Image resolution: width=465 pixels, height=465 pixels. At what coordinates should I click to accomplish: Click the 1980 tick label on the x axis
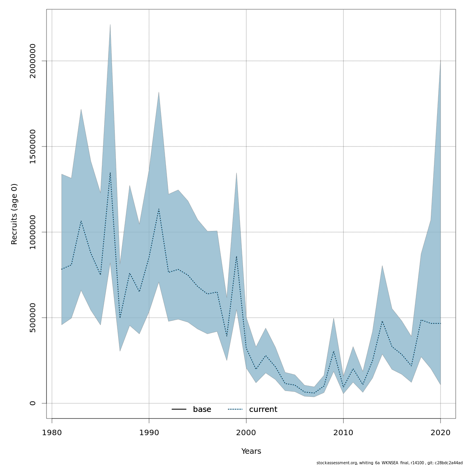[52, 433]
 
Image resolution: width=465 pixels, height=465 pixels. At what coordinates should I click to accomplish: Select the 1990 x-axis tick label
[149, 433]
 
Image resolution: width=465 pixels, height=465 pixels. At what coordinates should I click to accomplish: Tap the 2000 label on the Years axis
[246, 433]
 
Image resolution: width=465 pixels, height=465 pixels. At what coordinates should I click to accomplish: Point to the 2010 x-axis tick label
[343, 433]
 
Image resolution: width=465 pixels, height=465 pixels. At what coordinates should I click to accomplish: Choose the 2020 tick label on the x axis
[441, 433]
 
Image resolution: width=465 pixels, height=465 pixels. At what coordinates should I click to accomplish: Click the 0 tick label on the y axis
[33, 403]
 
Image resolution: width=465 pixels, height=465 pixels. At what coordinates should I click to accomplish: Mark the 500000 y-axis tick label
[33, 318]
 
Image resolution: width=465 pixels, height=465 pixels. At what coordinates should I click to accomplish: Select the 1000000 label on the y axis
[33, 232]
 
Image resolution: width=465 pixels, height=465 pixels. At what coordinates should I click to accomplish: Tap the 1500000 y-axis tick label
[33, 146]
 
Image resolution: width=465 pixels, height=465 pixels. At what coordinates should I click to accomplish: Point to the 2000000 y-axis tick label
[33, 61]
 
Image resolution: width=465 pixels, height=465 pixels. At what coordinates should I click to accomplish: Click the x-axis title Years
[251, 451]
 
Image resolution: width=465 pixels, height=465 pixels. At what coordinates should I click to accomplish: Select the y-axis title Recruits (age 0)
[14, 214]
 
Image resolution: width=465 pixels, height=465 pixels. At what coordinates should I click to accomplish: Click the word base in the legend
[202, 410]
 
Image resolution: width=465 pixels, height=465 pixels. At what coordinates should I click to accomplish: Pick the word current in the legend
[263, 410]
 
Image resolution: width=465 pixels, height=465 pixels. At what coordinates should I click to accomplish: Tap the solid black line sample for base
[179, 410]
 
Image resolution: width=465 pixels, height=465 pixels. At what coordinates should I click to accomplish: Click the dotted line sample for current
[235, 410]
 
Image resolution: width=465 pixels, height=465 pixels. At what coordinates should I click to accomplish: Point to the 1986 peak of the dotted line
[110, 172]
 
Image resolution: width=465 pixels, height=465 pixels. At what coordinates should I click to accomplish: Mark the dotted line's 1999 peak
[236, 256]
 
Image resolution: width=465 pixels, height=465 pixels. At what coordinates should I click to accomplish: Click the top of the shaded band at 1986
[110, 24]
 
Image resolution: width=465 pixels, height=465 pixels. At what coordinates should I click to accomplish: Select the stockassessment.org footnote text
[389, 463]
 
